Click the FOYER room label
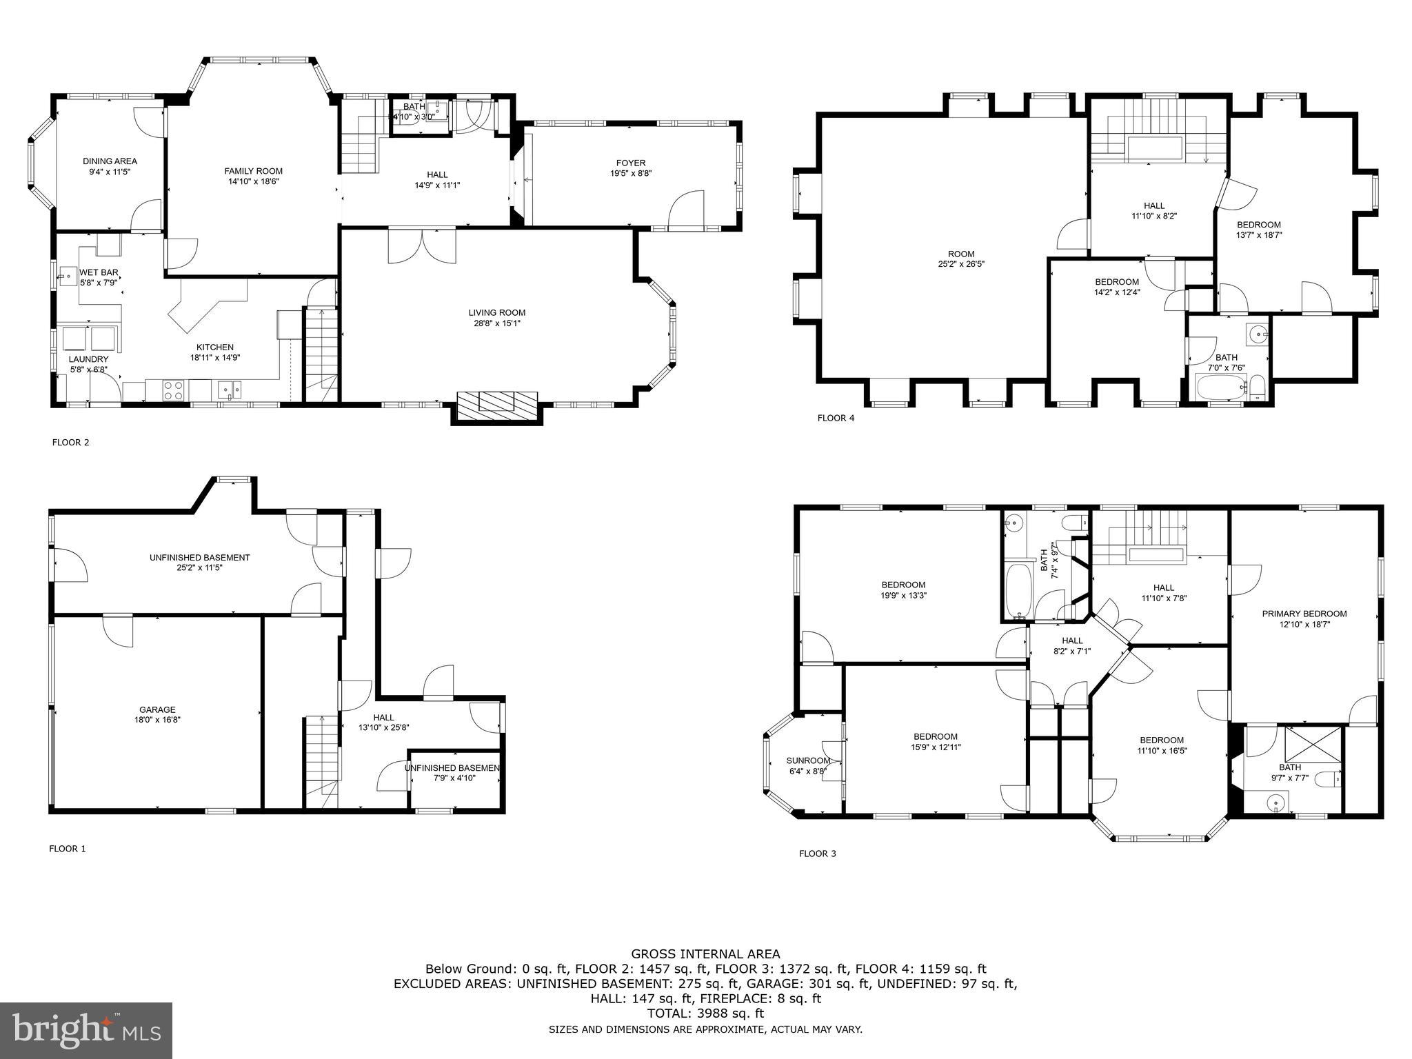pyautogui.click(x=630, y=163)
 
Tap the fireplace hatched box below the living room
pyautogui.click(x=496, y=402)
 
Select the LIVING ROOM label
pyautogui.click(x=496, y=313)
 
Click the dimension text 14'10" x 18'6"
pyautogui.click(x=253, y=182)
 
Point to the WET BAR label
pyautogui.click(x=98, y=272)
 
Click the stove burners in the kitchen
pyautogui.click(x=173, y=390)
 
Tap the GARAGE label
pyautogui.click(x=157, y=709)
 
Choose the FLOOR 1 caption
pyautogui.click(x=67, y=849)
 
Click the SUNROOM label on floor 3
pyautogui.click(x=808, y=761)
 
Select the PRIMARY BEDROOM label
pyautogui.click(x=1304, y=614)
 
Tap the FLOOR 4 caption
pyautogui.click(x=836, y=418)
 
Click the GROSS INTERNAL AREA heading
pyautogui.click(x=705, y=954)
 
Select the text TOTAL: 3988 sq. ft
pyautogui.click(x=705, y=1013)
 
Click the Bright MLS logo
pyautogui.click(x=86, y=1031)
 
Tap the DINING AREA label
pyautogui.click(x=110, y=161)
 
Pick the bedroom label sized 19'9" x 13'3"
pyautogui.click(x=902, y=585)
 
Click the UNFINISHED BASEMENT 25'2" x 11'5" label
pyautogui.click(x=199, y=558)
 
